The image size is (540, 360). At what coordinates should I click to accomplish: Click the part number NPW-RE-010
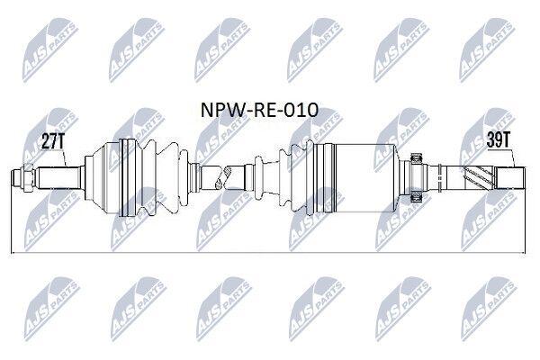(259, 110)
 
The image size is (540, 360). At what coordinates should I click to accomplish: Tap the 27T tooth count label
(53, 140)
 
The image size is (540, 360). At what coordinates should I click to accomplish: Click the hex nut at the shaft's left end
(28, 178)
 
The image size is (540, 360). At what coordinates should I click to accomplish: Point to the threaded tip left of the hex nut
(16, 178)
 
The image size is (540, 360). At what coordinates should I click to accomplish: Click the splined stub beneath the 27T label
(59, 178)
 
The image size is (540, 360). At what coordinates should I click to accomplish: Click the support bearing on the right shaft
(418, 178)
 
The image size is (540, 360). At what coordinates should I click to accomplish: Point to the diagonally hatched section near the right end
(478, 178)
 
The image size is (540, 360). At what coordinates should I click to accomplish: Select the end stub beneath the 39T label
(510, 178)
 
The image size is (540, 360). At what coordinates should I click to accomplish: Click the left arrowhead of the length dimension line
(13, 254)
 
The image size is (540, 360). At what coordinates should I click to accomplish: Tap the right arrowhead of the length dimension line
(523, 254)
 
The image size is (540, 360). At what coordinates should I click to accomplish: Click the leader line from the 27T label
(65, 157)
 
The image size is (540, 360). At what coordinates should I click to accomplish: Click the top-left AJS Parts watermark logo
(49, 49)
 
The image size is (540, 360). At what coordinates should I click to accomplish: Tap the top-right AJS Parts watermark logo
(486, 49)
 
